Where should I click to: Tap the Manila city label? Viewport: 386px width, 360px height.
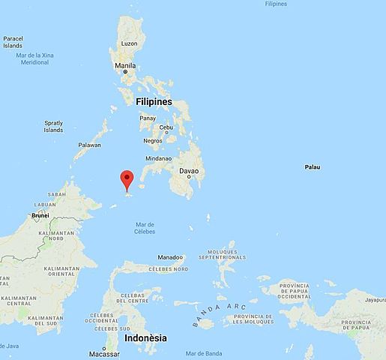click(x=125, y=65)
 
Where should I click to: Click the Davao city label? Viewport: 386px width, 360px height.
click(x=190, y=171)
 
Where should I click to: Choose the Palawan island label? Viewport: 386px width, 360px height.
click(x=89, y=145)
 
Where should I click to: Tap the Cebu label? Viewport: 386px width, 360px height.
click(x=166, y=127)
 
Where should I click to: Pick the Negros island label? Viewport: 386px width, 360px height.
click(x=152, y=140)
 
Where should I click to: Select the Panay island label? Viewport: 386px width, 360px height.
click(x=148, y=118)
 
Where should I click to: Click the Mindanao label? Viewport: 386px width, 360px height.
click(x=159, y=158)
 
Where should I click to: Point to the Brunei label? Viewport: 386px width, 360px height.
click(x=40, y=215)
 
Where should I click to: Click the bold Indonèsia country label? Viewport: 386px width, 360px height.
click(x=146, y=338)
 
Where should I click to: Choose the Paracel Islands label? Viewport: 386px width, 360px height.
click(x=13, y=42)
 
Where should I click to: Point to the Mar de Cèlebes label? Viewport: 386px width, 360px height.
click(x=145, y=227)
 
